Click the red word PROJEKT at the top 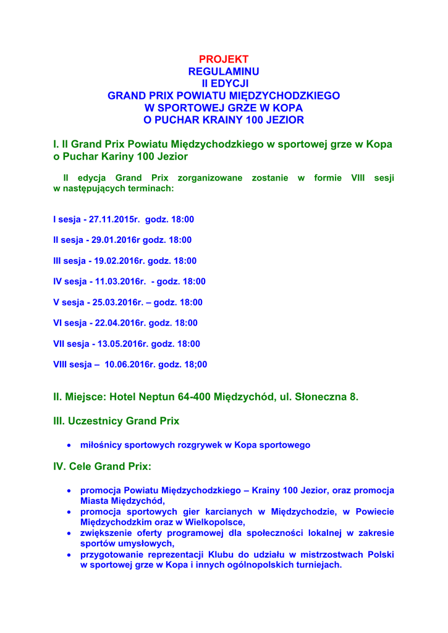tap(224, 59)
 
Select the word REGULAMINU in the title tap(224, 72)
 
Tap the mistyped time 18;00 tap(195, 365)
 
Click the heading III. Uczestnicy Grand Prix tap(116, 421)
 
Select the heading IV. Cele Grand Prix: tap(102, 466)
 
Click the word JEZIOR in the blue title tap(284, 119)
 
